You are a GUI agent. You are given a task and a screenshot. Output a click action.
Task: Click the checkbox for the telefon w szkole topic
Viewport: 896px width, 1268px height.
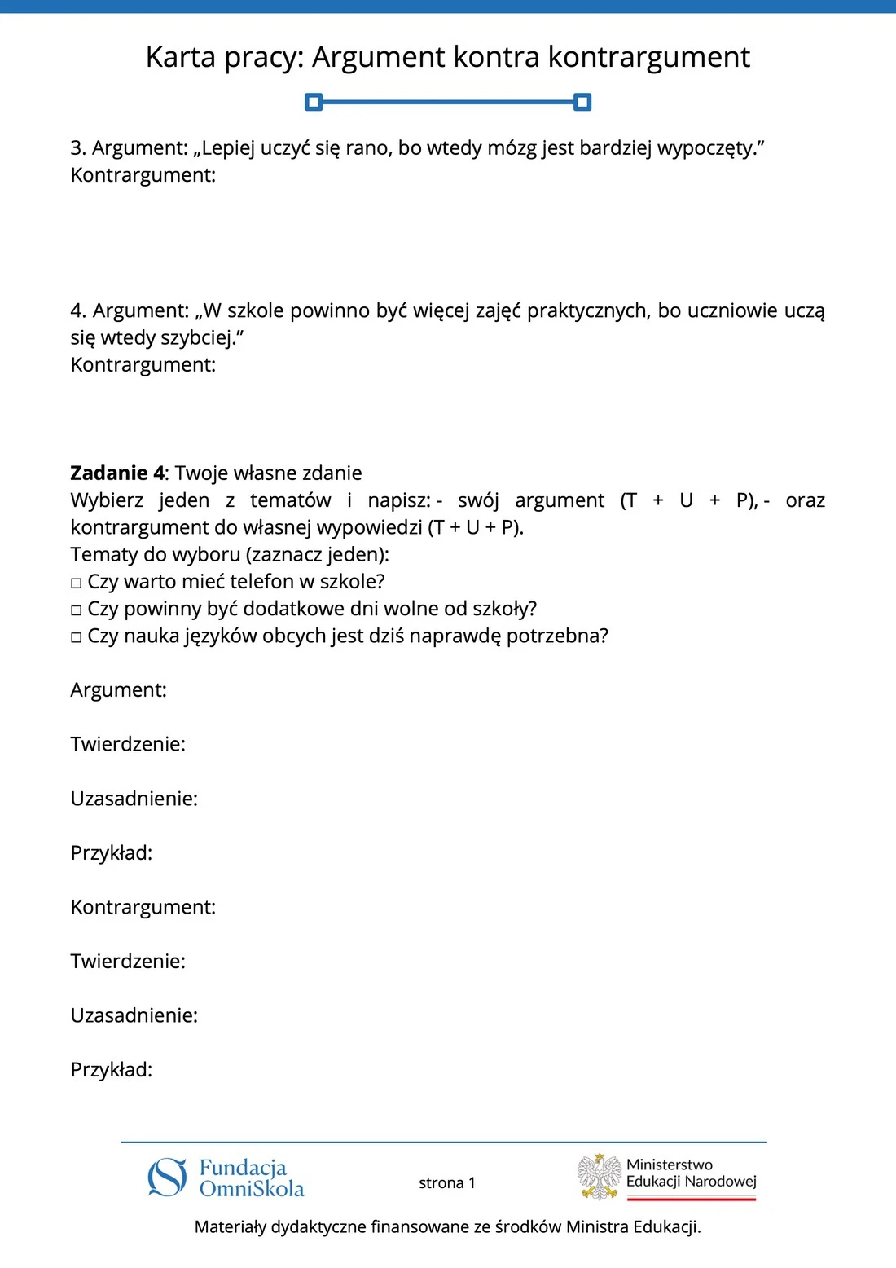[77, 583]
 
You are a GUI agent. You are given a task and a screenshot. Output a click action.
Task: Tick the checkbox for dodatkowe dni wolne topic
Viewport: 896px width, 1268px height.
[77, 610]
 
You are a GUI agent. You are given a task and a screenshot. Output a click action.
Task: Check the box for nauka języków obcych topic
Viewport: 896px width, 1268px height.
[77, 637]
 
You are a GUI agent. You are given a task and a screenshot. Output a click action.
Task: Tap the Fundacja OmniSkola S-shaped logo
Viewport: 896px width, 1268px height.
[167, 1178]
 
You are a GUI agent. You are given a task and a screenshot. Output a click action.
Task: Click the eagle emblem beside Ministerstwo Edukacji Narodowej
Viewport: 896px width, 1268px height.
[600, 1177]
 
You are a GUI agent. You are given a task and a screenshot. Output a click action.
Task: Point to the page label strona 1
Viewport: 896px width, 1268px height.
[447, 1183]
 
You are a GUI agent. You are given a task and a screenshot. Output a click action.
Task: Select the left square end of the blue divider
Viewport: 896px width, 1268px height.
[314, 102]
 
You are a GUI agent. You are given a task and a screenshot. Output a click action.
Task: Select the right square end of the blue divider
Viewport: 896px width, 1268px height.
[582, 102]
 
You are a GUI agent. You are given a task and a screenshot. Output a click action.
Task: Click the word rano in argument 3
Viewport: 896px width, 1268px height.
[367, 148]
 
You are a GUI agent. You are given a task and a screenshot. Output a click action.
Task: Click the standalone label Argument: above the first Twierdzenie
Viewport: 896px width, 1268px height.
[118, 690]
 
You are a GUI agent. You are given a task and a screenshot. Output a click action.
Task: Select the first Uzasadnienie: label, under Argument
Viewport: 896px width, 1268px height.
[134, 799]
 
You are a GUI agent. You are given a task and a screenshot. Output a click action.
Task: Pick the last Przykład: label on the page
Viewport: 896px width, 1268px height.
[112, 1070]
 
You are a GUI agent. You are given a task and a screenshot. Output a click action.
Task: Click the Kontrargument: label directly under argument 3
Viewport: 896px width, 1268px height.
[143, 175]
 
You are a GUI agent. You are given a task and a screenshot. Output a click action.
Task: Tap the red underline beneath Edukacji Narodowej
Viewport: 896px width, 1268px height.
[692, 1199]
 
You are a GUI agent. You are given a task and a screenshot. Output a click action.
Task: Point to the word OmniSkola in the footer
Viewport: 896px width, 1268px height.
[252, 1189]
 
